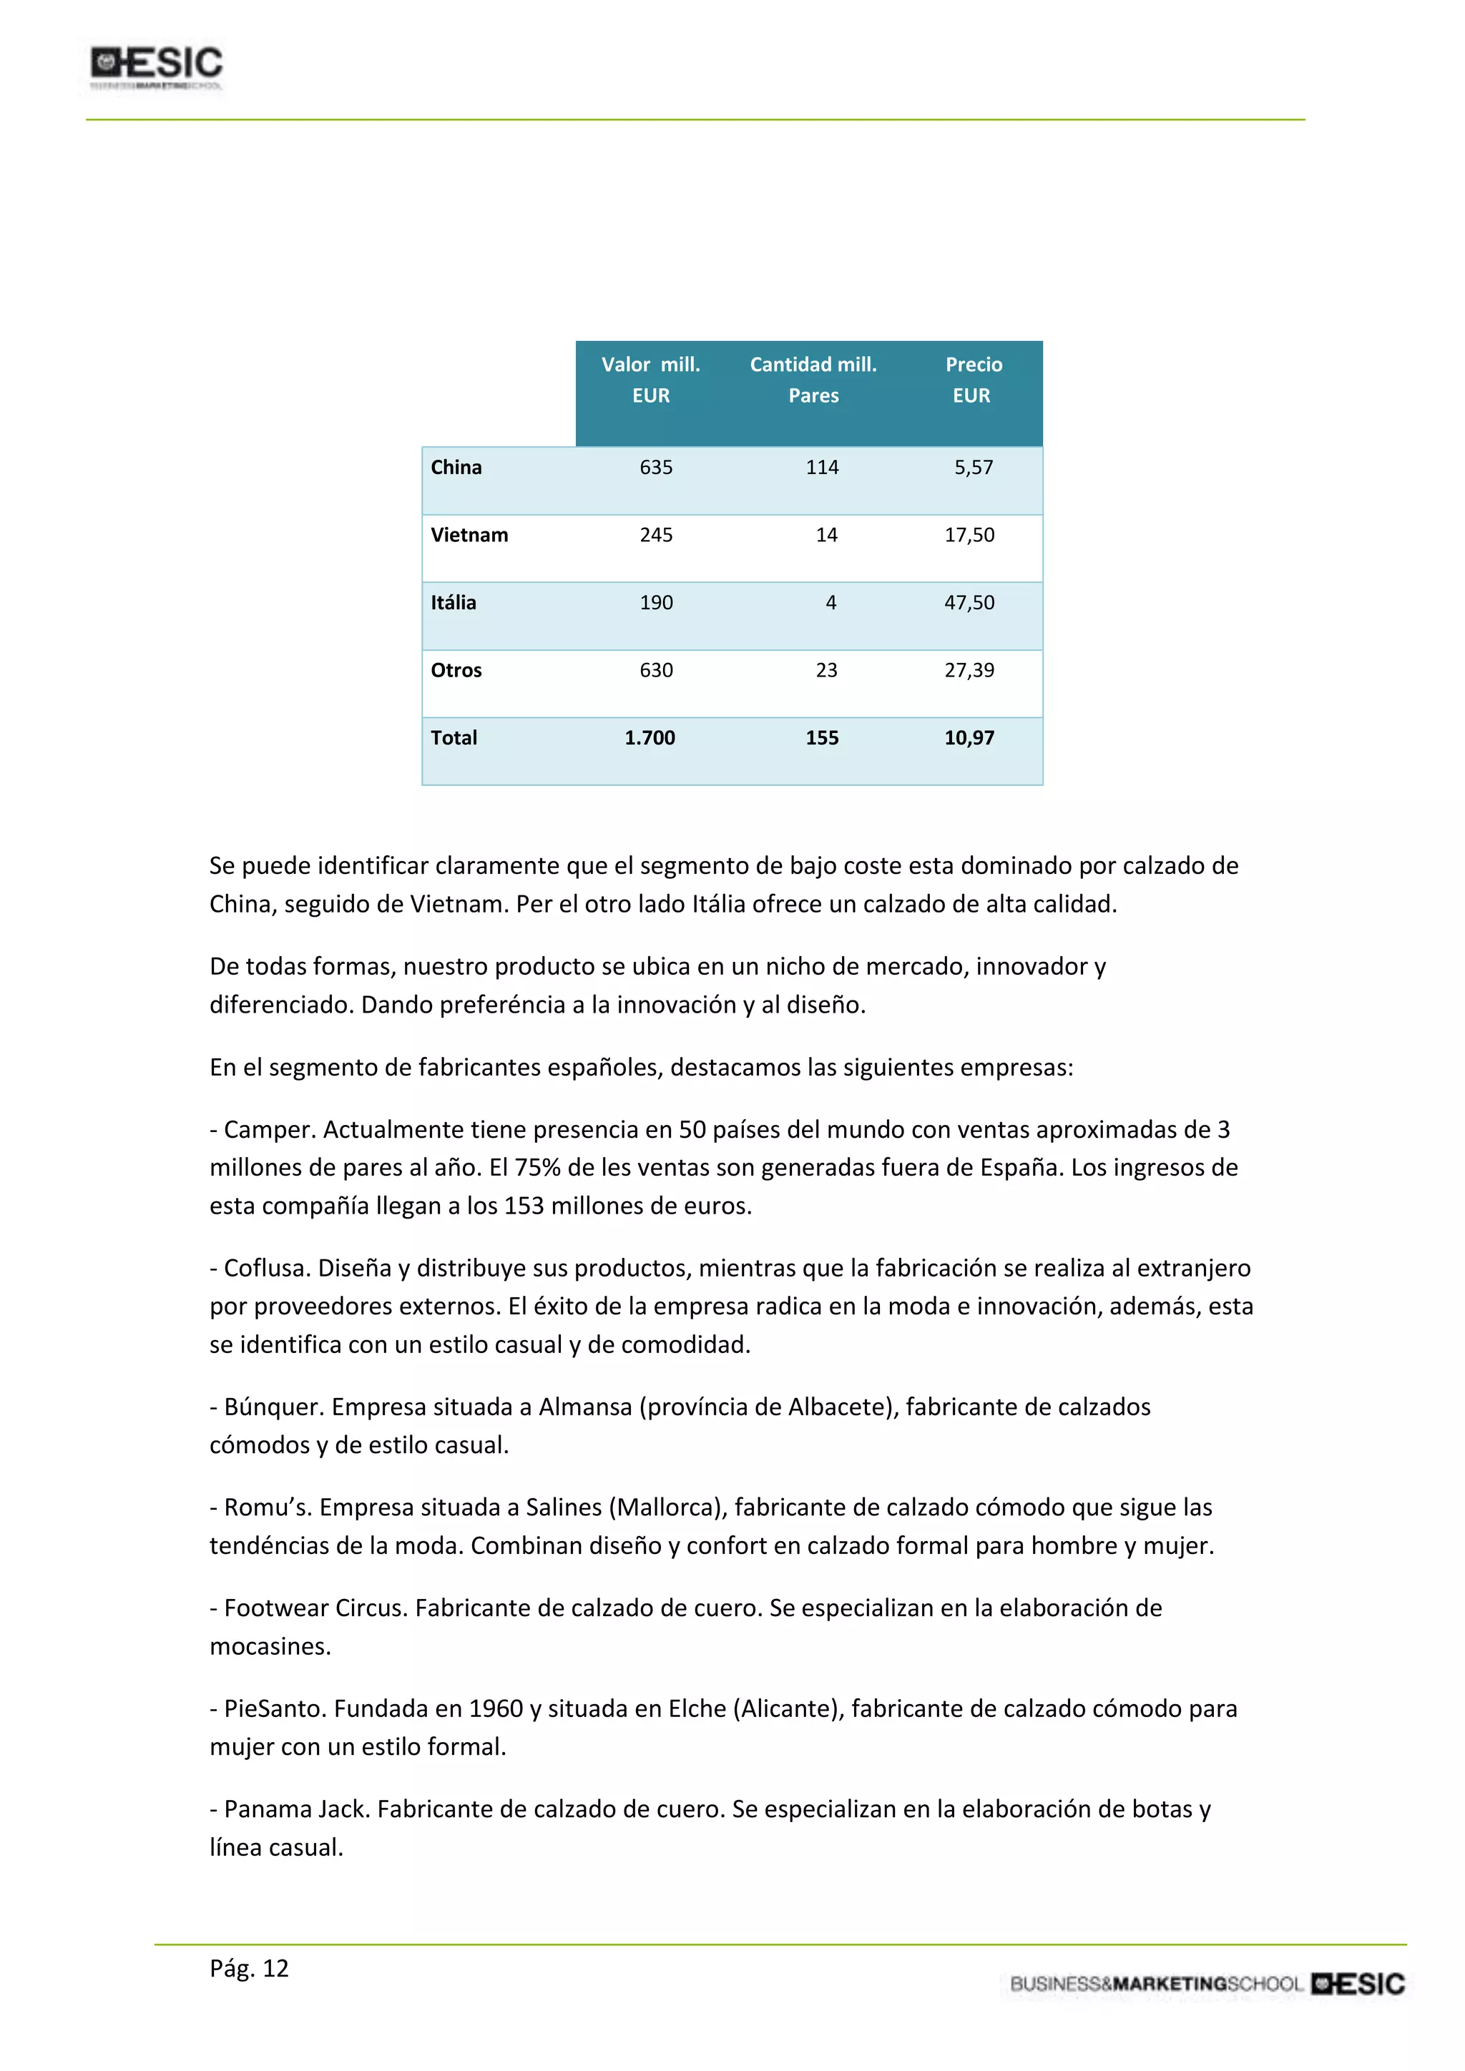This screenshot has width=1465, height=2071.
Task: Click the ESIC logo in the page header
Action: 156,65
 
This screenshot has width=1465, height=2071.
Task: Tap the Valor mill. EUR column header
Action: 650,380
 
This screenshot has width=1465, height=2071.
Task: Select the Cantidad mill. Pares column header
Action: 813,380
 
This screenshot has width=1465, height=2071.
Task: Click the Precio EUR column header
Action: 972,380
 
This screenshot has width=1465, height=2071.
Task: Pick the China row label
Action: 456,467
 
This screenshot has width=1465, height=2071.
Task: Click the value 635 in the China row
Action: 656,467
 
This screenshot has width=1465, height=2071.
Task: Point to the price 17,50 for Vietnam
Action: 969,535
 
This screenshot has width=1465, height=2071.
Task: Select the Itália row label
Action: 453,603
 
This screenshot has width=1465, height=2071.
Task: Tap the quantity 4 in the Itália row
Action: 831,603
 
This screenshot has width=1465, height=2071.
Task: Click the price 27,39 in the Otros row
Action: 969,670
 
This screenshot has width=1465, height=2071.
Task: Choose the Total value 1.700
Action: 650,738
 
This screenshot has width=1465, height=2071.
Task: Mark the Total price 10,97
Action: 969,738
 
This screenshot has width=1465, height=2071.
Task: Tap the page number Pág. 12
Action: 249,1968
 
